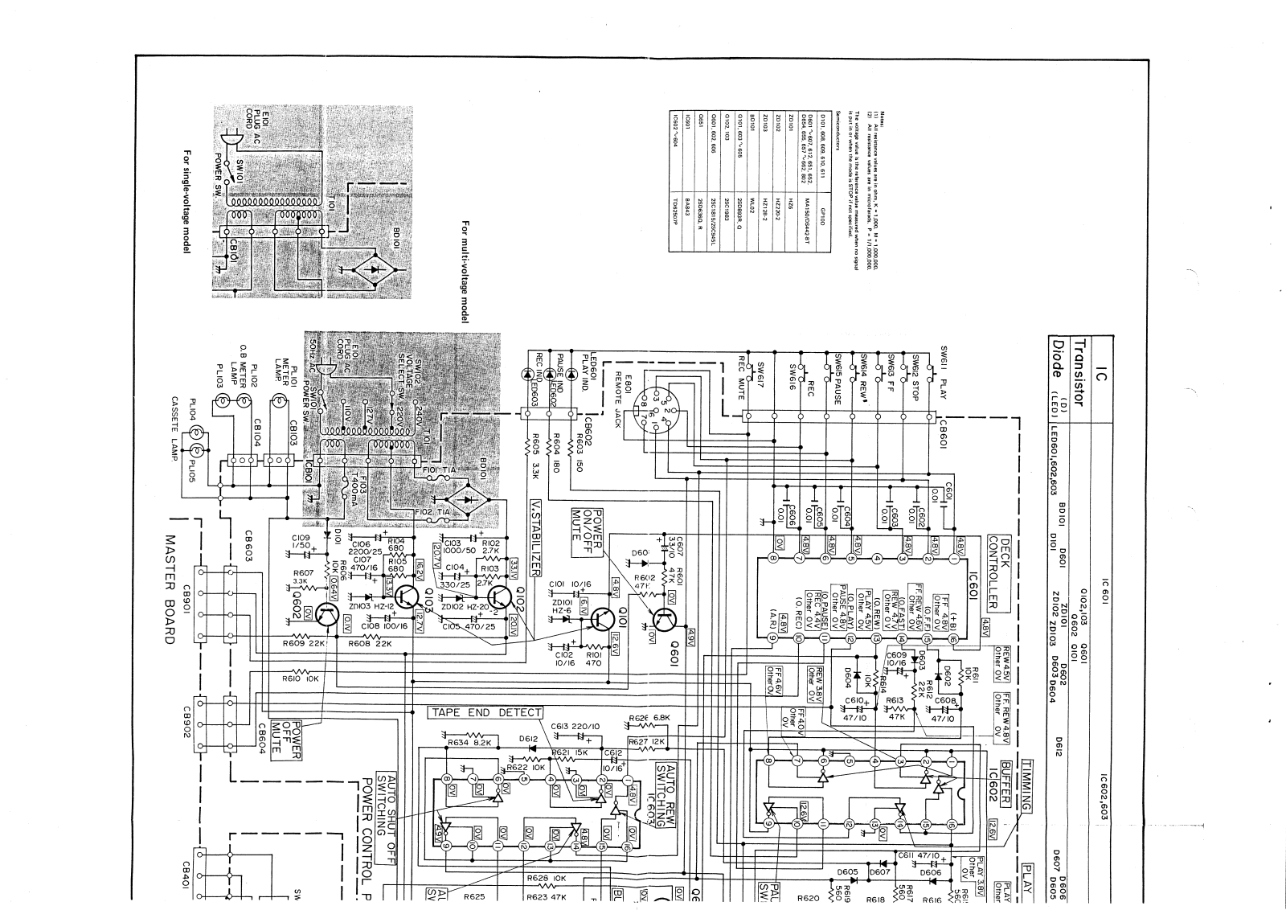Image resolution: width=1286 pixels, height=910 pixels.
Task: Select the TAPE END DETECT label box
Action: click(485, 712)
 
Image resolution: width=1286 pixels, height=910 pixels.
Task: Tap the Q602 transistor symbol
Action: click(328, 616)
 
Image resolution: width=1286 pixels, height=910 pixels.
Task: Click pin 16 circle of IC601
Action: click(952, 639)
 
